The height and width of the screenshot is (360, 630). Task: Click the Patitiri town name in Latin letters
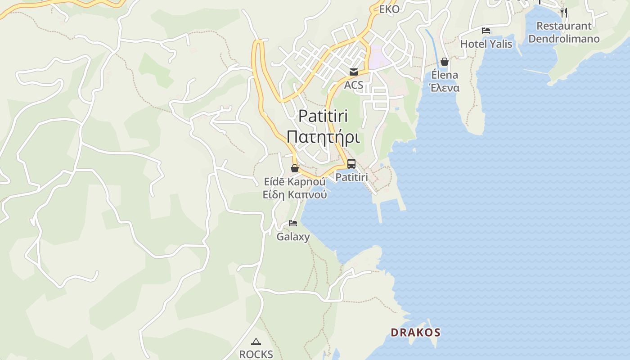click(323, 116)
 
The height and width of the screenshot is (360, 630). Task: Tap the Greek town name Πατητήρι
click(323, 137)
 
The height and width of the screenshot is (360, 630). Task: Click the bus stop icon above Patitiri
click(351, 164)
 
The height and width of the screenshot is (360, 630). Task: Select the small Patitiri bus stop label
click(351, 177)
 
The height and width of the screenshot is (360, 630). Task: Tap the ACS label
click(353, 85)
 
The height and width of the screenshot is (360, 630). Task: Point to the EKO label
click(389, 9)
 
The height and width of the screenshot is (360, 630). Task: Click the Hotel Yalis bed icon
click(486, 31)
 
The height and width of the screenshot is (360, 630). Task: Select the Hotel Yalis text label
click(486, 44)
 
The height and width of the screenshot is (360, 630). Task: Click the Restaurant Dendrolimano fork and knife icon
click(564, 12)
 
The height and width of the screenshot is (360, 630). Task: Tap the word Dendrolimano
click(564, 39)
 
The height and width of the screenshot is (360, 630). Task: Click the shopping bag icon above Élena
click(445, 62)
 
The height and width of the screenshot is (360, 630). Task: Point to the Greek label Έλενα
click(445, 88)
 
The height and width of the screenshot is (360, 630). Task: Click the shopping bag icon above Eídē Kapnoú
click(295, 168)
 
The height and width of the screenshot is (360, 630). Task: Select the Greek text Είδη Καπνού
click(295, 195)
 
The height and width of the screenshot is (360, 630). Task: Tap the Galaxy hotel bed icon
click(293, 223)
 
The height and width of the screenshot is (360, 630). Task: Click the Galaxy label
click(293, 237)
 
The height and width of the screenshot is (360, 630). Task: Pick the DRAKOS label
click(415, 333)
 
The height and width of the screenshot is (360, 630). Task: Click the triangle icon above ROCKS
click(256, 342)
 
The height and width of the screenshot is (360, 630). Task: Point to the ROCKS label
click(256, 354)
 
